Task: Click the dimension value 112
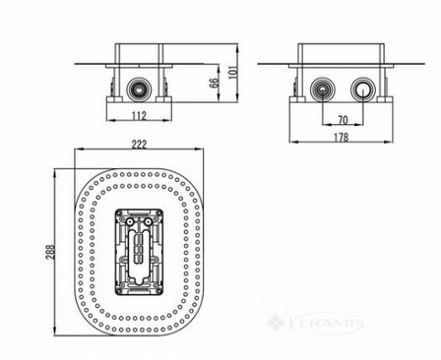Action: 139,115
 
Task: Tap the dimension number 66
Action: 214,82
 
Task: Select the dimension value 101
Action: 232,72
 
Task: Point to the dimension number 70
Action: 343,120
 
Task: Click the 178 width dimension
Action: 341,137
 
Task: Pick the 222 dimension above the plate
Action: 139,145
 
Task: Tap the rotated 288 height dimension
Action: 50,252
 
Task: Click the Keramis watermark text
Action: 326,324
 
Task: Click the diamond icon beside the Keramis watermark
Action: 275,322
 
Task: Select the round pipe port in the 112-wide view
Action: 139,89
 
